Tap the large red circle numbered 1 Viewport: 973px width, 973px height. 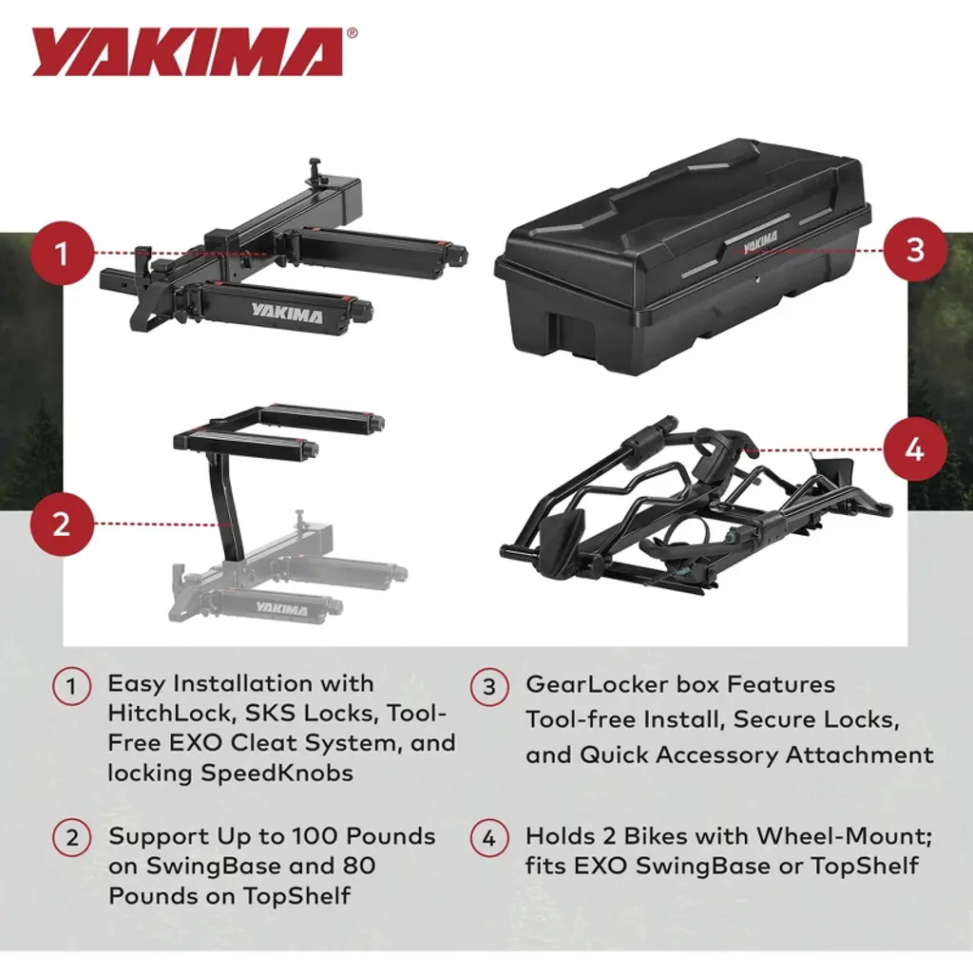[x=62, y=254]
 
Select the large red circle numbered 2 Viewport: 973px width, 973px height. [x=62, y=525]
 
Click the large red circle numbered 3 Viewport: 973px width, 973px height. [x=915, y=250]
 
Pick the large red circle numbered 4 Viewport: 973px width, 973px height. [x=915, y=449]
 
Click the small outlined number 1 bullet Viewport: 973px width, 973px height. [x=71, y=686]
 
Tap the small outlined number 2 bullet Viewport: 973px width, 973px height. [x=71, y=838]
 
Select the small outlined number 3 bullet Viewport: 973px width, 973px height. [x=489, y=686]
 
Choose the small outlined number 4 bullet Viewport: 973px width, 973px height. [x=489, y=838]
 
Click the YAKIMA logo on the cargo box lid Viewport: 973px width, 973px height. [x=760, y=239]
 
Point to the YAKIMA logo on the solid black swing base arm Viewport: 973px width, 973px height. [x=287, y=314]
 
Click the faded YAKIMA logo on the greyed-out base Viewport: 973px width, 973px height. [x=281, y=608]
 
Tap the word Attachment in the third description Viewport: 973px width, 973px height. [x=859, y=754]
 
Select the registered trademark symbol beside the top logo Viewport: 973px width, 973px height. [x=352, y=33]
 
